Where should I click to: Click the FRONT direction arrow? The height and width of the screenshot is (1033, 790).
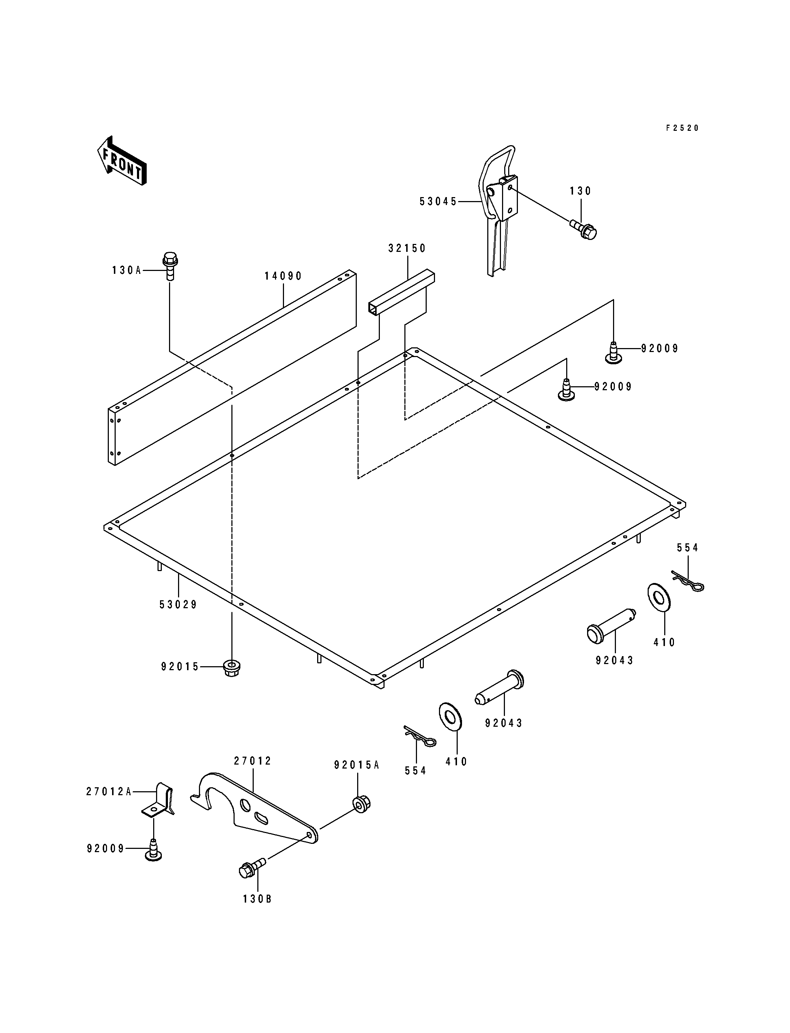122,160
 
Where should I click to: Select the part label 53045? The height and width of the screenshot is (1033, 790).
438,202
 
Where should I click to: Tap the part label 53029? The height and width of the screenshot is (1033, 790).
178,605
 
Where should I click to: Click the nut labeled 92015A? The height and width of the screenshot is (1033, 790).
361,803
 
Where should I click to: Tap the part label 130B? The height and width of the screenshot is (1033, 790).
257,899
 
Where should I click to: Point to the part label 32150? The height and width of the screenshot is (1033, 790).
407,248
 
